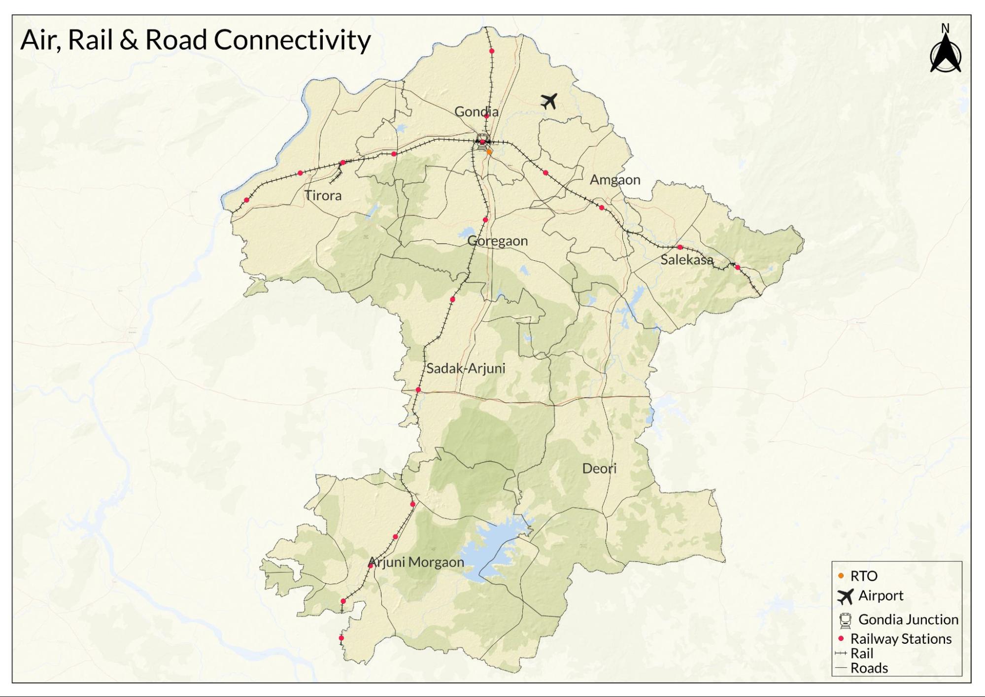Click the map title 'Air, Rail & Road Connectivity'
tap(195, 39)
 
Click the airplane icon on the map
tap(548, 101)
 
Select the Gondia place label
tap(476, 112)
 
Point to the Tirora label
tap(323, 196)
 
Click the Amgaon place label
tap(615, 180)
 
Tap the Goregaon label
tap(498, 241)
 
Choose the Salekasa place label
tap(686, 260)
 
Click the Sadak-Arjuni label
tap(466, 369)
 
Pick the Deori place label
tap(599, 469)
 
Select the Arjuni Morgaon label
tap(416, 562)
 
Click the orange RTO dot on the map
tap(489, 152)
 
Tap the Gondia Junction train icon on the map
tap(482, 139)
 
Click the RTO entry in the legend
tap(863, 576)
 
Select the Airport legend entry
tap(880, 596)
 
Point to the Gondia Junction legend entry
tap(908, 620)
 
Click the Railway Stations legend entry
tap(900, 639)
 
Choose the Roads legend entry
tap(869, 668)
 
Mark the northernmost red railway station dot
tap(492, 51)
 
